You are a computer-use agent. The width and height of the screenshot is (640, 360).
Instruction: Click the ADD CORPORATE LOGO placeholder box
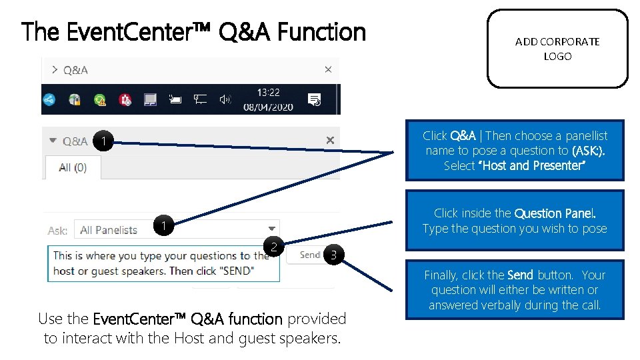tap(557, 49)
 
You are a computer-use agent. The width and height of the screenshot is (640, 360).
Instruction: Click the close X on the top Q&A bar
tap(328, 69)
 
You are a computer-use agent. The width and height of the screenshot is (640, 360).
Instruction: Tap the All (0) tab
tap(73, 167)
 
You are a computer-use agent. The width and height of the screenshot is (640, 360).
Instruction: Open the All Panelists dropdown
tap(177, 230)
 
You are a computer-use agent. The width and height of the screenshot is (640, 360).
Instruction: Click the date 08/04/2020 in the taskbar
tap(269, 106)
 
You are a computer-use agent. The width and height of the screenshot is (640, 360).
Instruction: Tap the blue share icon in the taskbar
tap(49, 100)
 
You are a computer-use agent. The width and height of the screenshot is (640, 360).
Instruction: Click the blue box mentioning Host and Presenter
tap(515, 151)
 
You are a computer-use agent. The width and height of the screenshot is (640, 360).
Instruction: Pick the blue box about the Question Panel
tap(515, 221)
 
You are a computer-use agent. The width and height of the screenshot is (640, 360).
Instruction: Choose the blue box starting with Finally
tap(515, 290)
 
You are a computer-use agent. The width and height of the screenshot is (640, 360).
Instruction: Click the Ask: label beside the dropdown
tap(58, 231)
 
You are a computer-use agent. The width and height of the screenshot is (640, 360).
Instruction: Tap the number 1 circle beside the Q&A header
tap(103, 141)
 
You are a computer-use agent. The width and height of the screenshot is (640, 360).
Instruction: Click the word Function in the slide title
tap(321, 31)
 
